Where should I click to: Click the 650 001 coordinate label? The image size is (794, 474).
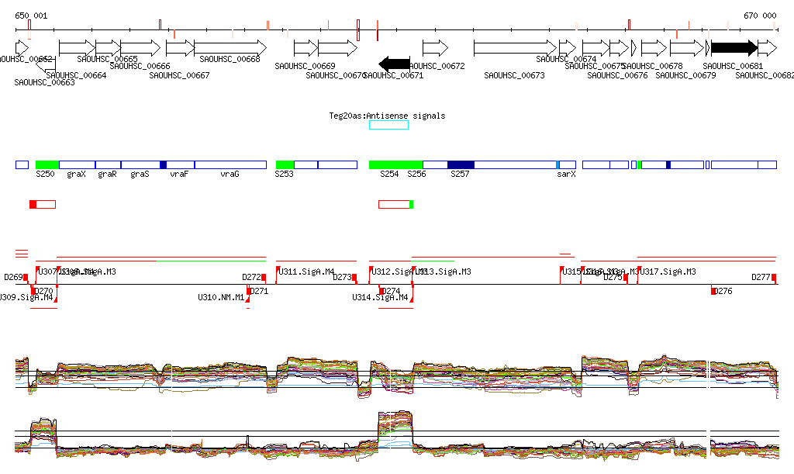click(x=31, y=16)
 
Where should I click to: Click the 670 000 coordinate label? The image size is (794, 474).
click(x=759, y=16)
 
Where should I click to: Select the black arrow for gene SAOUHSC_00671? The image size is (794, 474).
click(x=395, y=63)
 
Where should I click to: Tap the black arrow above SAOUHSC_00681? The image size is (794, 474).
click(x=734, y=47)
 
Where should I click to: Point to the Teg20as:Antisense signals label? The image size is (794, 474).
click(x=388, y=116)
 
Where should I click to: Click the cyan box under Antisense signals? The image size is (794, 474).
click(x=388, y=125)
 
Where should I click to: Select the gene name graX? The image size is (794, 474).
click(x=76, y=175)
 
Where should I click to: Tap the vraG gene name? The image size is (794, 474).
click(x=230, y=175)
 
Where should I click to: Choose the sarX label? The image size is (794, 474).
click(x=566, y=175)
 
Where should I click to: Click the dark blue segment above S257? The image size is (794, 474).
click(x=461, y=164)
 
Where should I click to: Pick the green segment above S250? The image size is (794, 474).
click(x=47, y=164)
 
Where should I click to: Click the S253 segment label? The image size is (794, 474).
click(x=284, y=175)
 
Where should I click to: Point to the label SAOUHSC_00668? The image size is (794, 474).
click(x=230, y=59)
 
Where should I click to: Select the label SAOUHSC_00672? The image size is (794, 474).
click(x=437, y=67)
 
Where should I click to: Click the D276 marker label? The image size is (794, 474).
click(x=723, y=291)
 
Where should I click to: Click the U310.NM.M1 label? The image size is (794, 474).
click(x=221, y=297)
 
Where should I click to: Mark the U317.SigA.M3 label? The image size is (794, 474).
click(x=668, y=272)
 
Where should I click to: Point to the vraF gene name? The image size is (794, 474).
click(x=179, y=175)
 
